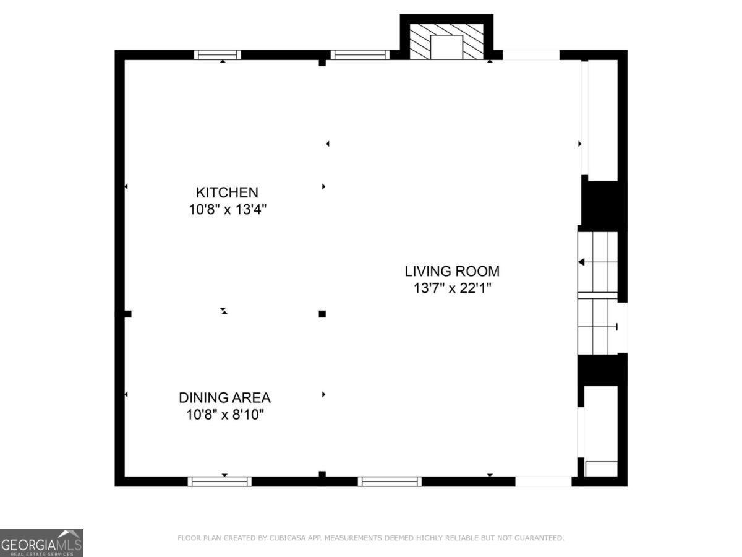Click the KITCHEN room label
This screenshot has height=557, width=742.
pos(227,192)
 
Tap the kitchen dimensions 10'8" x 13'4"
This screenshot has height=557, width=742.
pos(227,210)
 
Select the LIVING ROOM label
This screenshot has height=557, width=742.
pos(452,271)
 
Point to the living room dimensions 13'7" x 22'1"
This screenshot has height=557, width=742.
pos(452,288)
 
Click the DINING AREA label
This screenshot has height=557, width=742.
pos(224,398)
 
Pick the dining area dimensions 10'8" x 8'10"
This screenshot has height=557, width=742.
pos(225,415)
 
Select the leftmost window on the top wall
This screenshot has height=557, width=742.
pos(218,54)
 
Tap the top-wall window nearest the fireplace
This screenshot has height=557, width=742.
pos(360,54)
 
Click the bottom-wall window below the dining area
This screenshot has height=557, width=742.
pos(220,481)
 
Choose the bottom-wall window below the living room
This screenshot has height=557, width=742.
pos(390,481)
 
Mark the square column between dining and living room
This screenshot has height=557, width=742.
pos(322,314)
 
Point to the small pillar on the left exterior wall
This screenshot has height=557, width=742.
pos(126,314)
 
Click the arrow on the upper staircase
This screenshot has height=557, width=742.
pos(582,262)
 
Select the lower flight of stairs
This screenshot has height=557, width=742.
pos(598,326)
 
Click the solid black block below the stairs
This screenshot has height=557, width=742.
pos(602,369)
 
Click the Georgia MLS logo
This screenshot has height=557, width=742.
pos(41,543)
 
